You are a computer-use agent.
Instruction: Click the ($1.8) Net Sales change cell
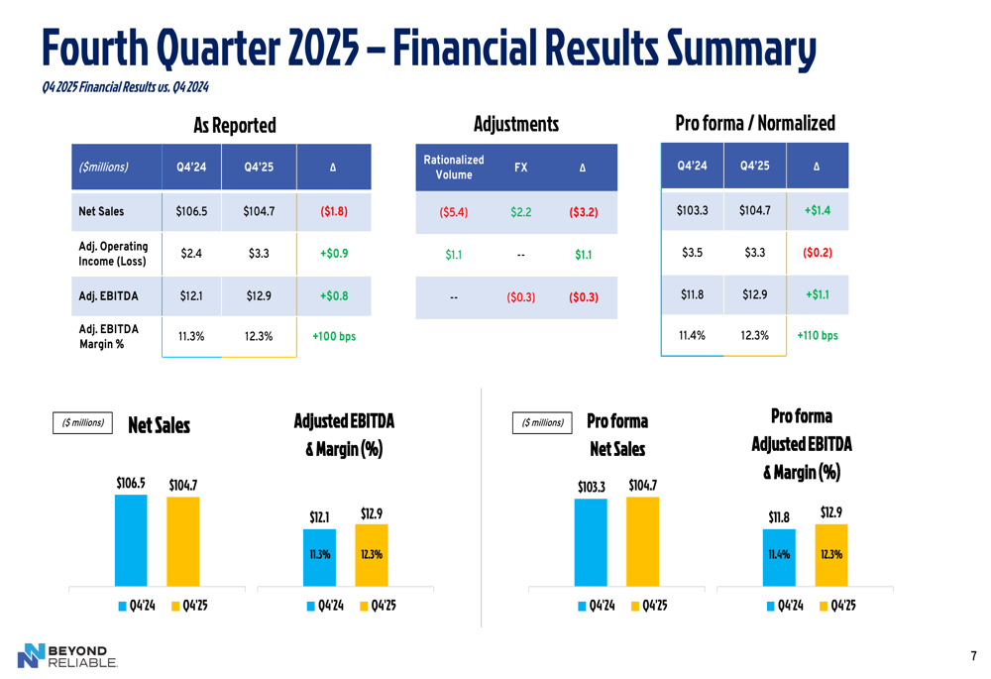point(333,211)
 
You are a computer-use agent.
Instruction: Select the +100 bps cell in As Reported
point(333,336)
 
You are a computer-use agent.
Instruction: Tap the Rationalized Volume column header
point(453,167)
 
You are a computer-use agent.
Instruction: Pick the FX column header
point(520,168)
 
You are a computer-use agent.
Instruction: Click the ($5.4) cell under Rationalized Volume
point(453,212)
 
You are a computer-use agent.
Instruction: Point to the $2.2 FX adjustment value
point(520,212)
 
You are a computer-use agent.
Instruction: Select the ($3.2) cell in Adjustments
point(583,212)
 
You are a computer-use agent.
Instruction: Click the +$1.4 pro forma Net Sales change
point(817,211)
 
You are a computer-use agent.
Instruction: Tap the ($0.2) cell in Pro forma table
point(817,253)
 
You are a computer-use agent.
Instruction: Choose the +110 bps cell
point(817,336)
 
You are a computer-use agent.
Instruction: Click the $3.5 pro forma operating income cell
point(692,253)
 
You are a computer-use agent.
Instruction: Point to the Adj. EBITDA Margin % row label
point(108,336)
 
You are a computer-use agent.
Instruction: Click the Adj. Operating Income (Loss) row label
point(113,254)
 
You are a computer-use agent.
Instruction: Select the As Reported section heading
point(234,125)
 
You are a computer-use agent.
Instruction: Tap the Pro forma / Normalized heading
point(754,123)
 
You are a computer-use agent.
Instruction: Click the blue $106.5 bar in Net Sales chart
point(131,540)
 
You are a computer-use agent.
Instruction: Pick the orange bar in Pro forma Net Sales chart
point(642,541)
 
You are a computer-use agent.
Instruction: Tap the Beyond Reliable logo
point(67,655)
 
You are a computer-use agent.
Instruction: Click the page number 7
point(973,656)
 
